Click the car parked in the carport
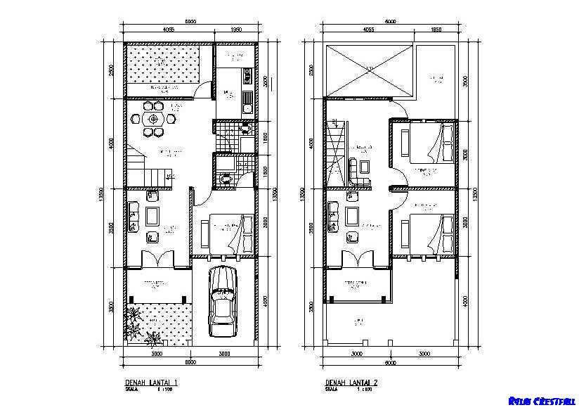pyautogui.click(x=223, y=303)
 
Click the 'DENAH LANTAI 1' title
pyautogui.click(x=146, y=383)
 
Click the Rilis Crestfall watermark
pyautogui.click(x=542, y=402)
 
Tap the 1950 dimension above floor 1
pyautogui.click(x=236, y=30)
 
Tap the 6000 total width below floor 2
pyautogui.click(x=390, y=363)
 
